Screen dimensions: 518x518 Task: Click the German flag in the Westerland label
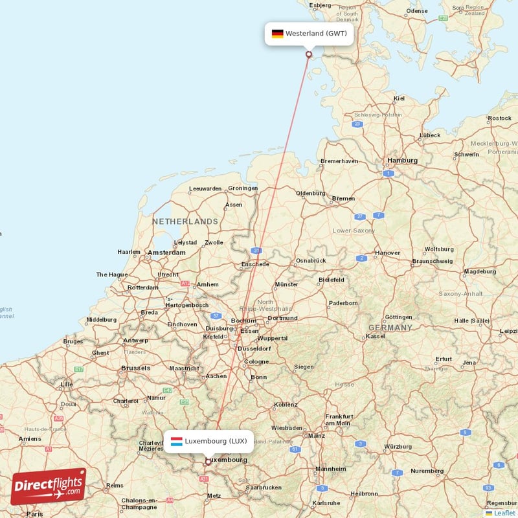point(277,34)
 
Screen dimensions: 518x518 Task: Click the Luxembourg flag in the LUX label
point(176,442)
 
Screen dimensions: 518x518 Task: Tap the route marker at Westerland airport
point(309,54)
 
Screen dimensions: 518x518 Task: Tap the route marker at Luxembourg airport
point(208,462)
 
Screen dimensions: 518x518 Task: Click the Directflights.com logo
point(49,486)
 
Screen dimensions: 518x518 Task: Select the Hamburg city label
point(401,160)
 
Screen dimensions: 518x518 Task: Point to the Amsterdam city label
point(166,253)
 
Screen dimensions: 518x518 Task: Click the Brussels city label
point(135,368)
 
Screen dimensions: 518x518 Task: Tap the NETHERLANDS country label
point(185,221)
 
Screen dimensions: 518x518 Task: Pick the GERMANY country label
point(390,328)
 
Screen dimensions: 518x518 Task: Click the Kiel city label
point(399,99)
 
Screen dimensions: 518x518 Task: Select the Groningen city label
point(243,188)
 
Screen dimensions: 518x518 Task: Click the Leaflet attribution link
point(504,513)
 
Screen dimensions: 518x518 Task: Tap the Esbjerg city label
point(321,5)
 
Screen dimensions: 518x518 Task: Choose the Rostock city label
point(499,118)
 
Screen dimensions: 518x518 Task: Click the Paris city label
point(35,513)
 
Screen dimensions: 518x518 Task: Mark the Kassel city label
point(376,337)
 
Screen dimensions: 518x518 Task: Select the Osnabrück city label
point(311,260)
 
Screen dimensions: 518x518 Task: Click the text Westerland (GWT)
point(316,34)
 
